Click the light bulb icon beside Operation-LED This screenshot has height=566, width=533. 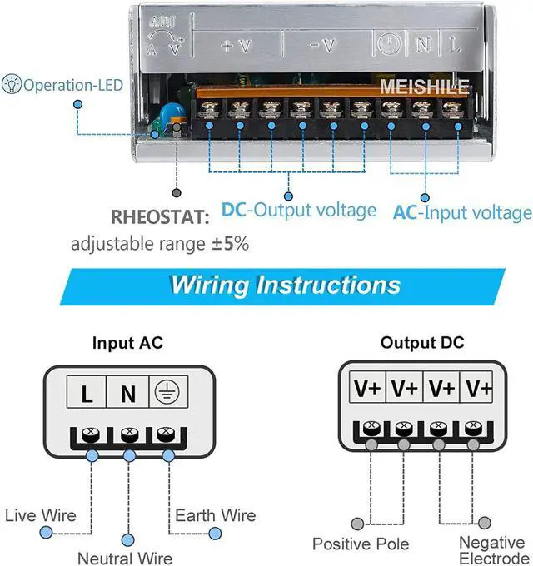point(12,84)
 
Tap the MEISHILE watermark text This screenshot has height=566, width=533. point(424,87)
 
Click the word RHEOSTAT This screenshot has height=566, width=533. point(160,217)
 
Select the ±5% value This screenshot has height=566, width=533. point(231,244)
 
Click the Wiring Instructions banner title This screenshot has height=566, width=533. point(286,285)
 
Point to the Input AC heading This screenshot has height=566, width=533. point(127,343)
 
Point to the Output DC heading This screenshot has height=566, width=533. point(422,342)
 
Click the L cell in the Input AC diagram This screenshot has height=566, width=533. point(87,392)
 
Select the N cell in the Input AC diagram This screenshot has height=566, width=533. point(127,392)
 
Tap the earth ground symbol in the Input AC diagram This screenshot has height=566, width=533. point(167,392)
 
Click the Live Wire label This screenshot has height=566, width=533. point(41,515)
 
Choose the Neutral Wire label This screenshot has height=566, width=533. point(125,558)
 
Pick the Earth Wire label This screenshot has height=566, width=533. point(216,515)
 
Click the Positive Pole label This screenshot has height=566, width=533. point(361,544)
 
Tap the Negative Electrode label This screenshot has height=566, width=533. point(493,549)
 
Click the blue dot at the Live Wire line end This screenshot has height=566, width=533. point(46,533)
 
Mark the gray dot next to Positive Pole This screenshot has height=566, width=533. point(357,523)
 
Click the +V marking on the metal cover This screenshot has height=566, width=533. point(237,46)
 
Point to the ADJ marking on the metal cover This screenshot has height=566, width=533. point(162,22)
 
